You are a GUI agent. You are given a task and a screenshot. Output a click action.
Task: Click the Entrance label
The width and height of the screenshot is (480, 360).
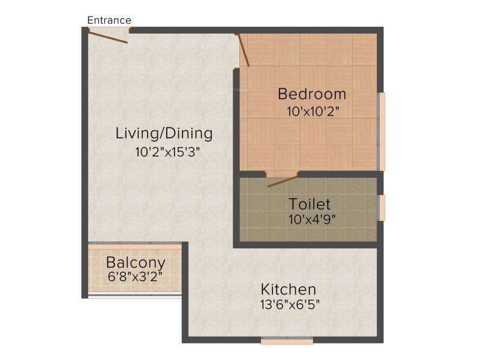click(x=109, y=20)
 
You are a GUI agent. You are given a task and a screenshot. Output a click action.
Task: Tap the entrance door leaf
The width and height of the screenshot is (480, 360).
click(x=108, y=37)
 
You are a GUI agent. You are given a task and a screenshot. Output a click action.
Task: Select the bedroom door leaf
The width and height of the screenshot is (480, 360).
click(x=244, y=50)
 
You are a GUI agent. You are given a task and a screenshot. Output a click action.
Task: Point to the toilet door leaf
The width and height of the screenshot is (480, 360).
click(x=283, y=181)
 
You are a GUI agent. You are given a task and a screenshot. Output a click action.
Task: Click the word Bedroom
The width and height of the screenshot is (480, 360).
click(x=312, y=94)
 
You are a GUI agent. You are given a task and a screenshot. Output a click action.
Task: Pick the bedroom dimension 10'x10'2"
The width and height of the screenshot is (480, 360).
click(x=313, y=112)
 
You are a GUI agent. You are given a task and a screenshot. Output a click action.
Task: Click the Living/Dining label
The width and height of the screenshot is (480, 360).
click(x=164, y=133)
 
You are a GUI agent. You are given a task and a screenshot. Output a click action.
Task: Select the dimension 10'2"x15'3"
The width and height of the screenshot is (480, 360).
click(x=167, y=152)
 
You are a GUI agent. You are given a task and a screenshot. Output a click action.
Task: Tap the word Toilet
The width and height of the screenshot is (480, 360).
click(x=310, y=204)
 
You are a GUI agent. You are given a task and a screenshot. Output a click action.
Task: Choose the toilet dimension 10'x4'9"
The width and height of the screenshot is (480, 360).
click(x=311, y=220)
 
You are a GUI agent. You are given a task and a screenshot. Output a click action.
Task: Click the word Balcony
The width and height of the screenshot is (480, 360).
click(x=136, y=263)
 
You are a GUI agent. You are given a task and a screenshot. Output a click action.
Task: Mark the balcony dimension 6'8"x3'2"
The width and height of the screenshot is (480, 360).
click(x=135, y=277)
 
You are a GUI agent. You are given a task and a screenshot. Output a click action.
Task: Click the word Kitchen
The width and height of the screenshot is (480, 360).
click(x=288, y=289)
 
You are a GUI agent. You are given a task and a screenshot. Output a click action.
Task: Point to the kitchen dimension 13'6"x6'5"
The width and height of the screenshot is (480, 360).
click(x=290, y=305)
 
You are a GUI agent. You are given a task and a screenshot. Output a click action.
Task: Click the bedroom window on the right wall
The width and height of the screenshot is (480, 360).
click(x=382, y=131)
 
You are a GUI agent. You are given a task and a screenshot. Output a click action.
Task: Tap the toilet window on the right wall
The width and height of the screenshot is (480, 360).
click(x=382, y=208)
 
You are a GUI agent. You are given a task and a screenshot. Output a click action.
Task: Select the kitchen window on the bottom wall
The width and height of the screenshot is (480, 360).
click(x=287, y=340)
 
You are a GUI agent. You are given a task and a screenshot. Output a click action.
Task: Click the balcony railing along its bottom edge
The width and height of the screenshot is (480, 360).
click(x=134, y=295)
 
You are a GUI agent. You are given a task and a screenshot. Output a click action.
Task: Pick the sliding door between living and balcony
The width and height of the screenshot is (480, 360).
click(x=134, y=246)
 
